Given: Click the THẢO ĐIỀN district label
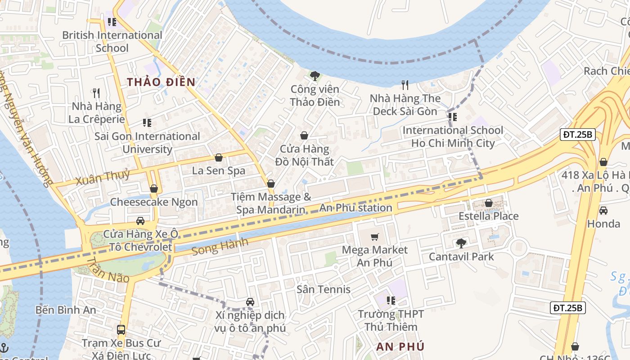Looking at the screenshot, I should point(161,82).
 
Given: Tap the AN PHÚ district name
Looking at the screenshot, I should point(400,346).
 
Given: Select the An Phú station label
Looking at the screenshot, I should point(355,208).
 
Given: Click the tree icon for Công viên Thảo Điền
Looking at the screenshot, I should point(315,76).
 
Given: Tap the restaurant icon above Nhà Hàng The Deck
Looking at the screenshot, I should point(405,85).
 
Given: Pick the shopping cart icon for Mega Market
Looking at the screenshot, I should point(374,237).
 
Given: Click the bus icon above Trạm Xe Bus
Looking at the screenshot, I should point(121,329).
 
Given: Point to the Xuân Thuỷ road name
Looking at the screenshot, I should point(103,177).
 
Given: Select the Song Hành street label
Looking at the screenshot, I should point(220,247).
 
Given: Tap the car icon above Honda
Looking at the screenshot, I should point(603,210).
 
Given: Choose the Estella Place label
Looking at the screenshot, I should point(488,216).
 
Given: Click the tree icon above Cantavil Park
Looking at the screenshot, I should point(461,243).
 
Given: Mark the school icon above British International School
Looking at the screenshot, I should point(112,22).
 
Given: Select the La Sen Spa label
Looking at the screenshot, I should point(219,171).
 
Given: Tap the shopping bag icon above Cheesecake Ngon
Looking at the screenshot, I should point(154,189).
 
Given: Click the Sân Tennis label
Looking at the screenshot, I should point(323,289).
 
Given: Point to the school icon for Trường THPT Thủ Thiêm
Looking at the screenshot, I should point(391,300).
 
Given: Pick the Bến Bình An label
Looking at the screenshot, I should point(66,310).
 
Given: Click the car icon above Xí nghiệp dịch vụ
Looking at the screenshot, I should point(250,302).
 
